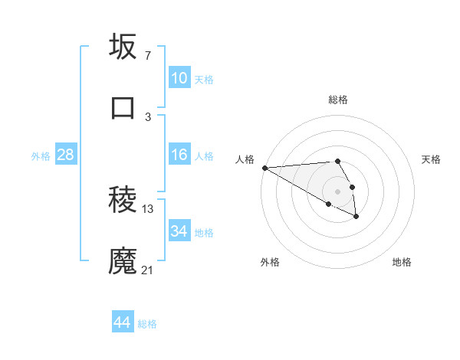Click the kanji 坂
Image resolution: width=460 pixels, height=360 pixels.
[x=123, y=47]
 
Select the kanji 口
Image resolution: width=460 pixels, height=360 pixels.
[x=123, y=108]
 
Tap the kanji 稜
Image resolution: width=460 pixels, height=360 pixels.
[x=123, y=201]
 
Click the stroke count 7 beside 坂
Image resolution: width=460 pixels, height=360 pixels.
[x=147, y=56]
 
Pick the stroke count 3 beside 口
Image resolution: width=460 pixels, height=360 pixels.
[x=147, y=117]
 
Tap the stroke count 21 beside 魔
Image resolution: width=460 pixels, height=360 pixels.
[x=148, y=270]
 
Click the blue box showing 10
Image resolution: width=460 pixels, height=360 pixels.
[x=179, y=78]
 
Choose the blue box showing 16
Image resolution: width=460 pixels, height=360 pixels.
[x=179, y=155]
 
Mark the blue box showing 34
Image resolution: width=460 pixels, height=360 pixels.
[x=179, y=231]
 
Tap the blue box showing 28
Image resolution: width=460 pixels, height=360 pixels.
[x=65, y=155]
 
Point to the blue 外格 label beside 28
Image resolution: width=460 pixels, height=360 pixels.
[x=41, y=156]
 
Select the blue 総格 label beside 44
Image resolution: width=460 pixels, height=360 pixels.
[x=147, y=324]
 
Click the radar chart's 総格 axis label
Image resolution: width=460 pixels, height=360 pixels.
[x=338, y=100]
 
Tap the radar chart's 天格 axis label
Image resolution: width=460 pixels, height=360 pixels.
[x=432, y=159]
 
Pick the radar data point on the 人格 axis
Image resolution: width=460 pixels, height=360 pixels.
[x=264, y=168]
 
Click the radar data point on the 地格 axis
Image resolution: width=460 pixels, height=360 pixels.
[x=356, y=217]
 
